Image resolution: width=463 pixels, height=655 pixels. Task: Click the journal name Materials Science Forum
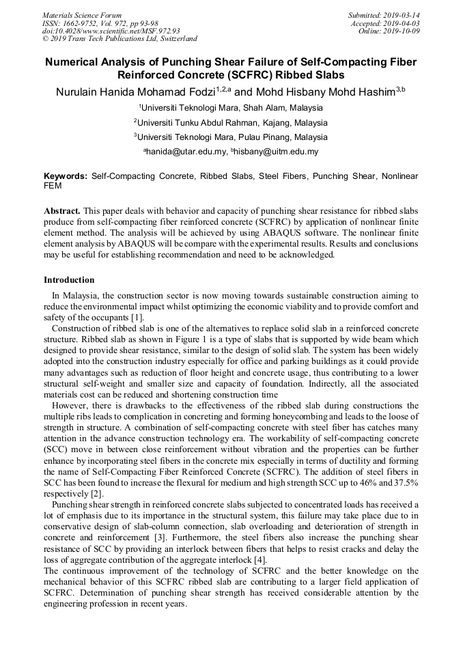point(82,14)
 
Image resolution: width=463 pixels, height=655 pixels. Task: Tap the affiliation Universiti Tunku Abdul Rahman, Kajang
point(231,122)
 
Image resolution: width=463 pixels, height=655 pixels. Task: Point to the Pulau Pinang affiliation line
point(231,137)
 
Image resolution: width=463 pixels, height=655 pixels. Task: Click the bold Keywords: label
point(66,176)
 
